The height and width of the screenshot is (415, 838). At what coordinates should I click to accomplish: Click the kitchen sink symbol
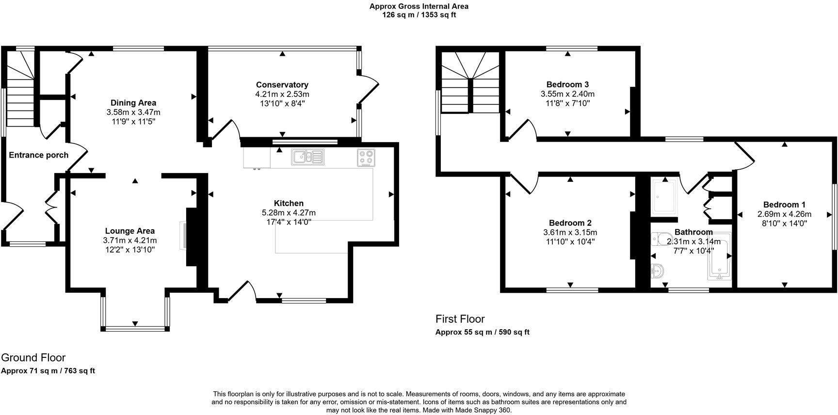[x=307, y=157]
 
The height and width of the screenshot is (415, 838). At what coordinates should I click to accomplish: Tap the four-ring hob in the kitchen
[x=366, y=158]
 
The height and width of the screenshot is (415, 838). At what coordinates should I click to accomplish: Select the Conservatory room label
[x=282, y=85]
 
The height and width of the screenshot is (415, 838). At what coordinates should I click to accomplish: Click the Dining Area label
[x=133, y=103]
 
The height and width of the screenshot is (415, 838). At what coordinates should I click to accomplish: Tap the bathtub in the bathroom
[x=720, y=257]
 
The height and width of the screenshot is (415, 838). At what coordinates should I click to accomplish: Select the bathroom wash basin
[x=657, y=271]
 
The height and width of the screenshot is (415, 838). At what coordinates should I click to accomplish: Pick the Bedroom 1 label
[x=784, y=205]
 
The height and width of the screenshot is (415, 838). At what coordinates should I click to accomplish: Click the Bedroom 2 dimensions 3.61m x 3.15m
[x=570, y=232]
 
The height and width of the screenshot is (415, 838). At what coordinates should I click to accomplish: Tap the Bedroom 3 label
[x=567, y=84]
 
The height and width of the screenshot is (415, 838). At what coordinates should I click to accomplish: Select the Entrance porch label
[x=39, y=155]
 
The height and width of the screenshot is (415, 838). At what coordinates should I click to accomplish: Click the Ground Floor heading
[x=33, y=358]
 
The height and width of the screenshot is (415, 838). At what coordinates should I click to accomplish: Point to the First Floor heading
[x=460, y=319]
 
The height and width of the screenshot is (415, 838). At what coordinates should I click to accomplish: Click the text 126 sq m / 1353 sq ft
[x=419, y=15]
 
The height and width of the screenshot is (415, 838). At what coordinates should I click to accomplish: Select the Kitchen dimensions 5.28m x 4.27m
[x=289, y=212]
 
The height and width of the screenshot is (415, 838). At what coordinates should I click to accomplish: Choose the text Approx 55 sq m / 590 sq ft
[x=482, y=332]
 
